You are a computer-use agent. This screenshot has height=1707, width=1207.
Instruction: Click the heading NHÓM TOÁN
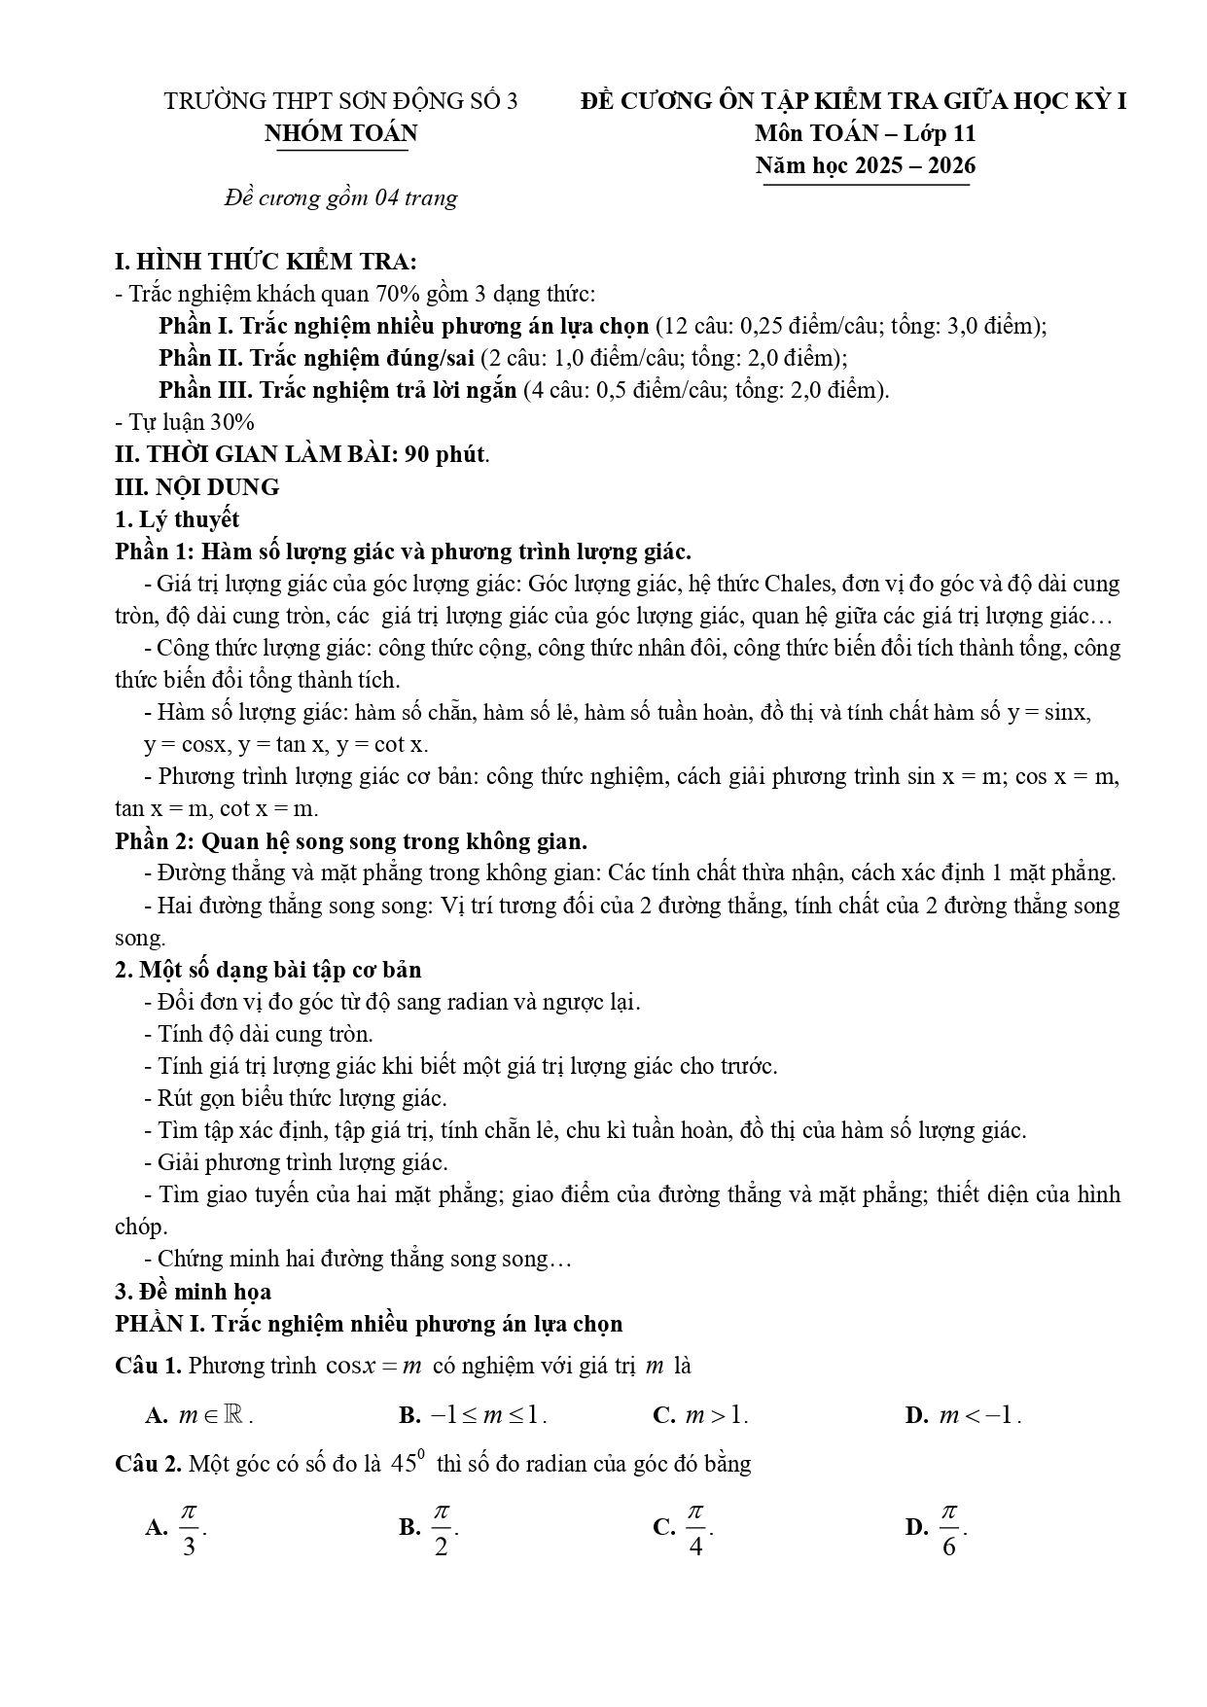[340, 133]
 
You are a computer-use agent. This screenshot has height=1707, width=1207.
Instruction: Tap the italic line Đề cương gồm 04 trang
[340, 198]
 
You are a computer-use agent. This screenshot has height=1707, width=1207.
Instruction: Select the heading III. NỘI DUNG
[197, 486]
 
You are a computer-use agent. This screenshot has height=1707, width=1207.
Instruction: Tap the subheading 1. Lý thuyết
[177, 518]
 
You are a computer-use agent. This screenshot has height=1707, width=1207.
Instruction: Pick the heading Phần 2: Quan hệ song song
[351, 840]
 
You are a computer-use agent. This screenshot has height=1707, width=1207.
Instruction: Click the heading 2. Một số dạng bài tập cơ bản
[268, 969]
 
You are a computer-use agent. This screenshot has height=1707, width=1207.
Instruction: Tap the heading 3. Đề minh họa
[194, 1291]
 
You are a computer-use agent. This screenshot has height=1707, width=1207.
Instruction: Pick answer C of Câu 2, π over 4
[694, 1530]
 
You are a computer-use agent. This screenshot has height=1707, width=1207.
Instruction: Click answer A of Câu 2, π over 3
[188, 1530]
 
